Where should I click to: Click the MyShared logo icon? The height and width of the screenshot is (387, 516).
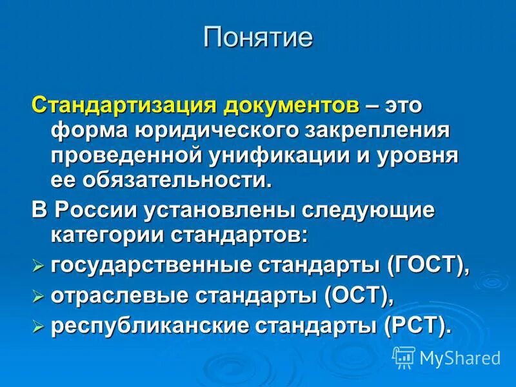point(403,357)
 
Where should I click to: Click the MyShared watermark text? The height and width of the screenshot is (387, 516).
point(459,357)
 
